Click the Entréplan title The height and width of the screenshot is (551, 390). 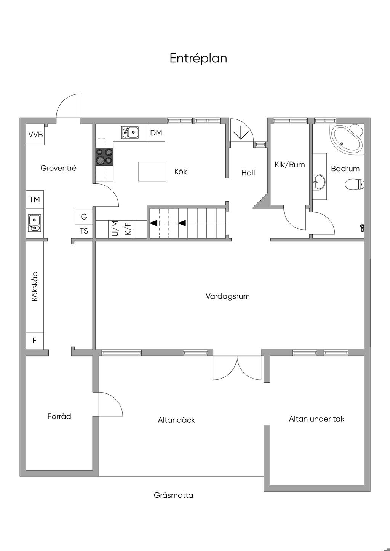198,59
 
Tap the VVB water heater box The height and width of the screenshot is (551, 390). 35,134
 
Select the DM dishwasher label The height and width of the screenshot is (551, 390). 156,133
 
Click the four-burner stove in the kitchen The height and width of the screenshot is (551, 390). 105,156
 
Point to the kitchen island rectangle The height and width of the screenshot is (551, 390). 152,172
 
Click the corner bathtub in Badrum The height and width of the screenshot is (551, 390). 347,138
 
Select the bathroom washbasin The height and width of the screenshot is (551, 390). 319,182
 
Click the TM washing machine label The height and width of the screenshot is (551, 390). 35,199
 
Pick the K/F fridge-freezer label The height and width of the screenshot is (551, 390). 128,228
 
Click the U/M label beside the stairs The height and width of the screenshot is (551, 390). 115,229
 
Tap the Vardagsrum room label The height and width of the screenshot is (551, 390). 228,296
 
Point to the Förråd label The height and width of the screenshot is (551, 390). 59,416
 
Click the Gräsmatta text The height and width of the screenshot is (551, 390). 174,495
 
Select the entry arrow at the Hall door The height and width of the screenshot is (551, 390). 241,133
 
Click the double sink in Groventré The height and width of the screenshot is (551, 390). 35,223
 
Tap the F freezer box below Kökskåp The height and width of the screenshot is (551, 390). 35,341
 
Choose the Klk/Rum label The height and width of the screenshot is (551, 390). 290,164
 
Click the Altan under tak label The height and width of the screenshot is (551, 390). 316,419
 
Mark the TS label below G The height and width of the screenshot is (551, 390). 84,231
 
